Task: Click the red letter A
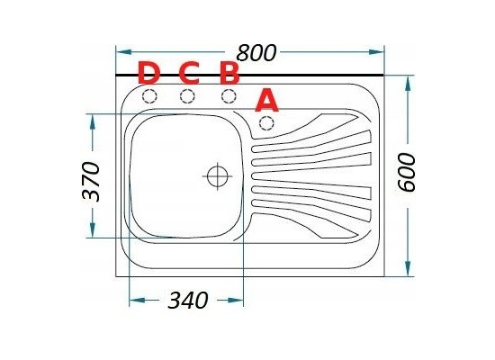click(x=267, y=100)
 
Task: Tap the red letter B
click(x=229, y=74)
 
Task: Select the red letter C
click(x=189, y=73)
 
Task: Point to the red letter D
click(x=148, y=73)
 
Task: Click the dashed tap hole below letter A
click(x=266, y=123)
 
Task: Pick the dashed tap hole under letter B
click(x=229, y=96)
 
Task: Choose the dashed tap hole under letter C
click(x=187, y=96)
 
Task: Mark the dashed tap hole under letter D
click(x=149, y=96)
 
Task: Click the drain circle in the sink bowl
click(x=218, y=175)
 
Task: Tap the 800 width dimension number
click(x=256, y=53)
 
